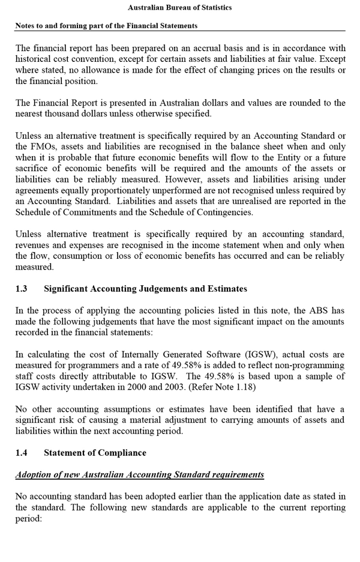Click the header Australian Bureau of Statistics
(180, 8)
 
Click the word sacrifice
(34, 168)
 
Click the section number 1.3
(22, 289)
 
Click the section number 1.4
(22, 453)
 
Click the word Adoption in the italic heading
(35, 474)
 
